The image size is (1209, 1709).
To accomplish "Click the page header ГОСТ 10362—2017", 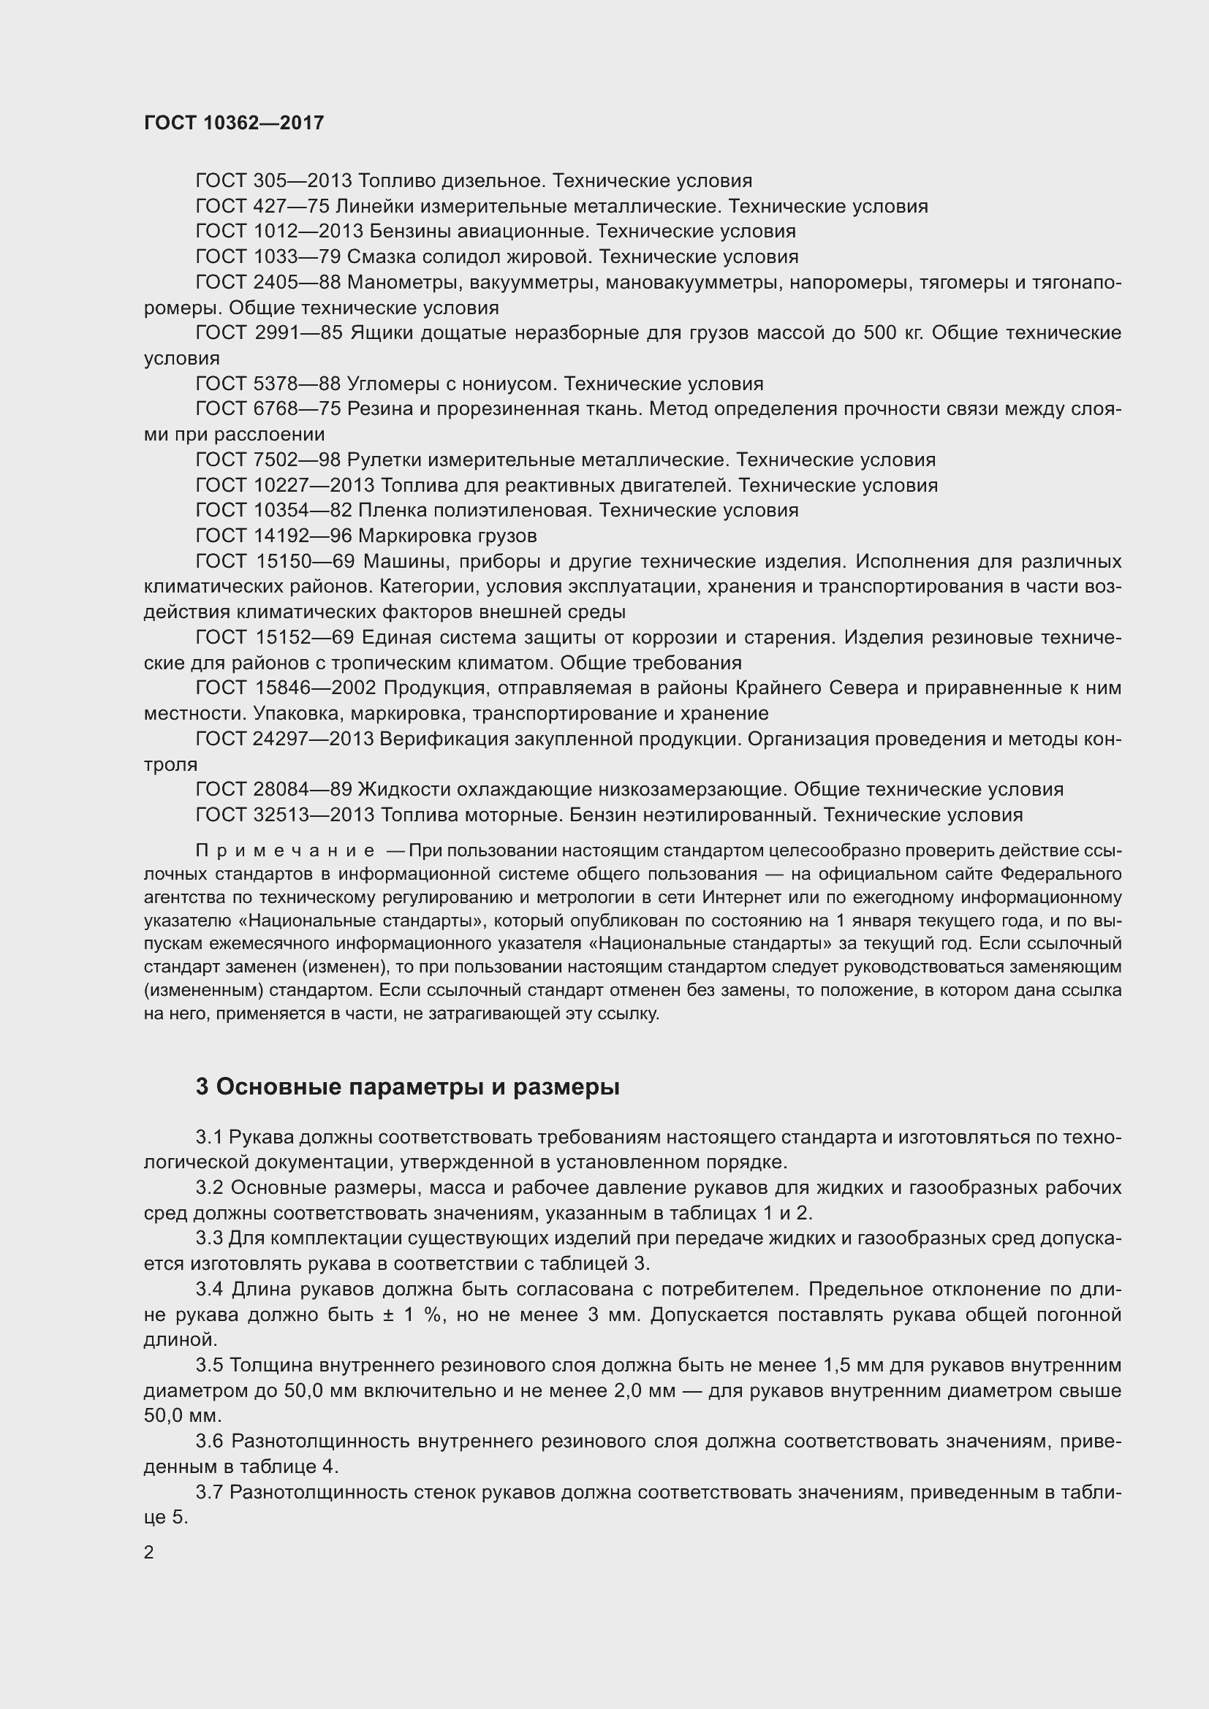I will point(234,123).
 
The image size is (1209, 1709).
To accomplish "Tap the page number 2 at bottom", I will point(149,1553).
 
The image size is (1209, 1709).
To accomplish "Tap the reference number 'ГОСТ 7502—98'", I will point(268,460).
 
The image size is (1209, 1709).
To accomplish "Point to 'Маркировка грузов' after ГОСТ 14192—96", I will point(447,536).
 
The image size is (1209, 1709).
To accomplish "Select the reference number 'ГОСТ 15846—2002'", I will point(285,688).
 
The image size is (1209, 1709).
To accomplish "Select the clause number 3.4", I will point(210,1289).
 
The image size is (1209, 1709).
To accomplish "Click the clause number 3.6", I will point(210,1441).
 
